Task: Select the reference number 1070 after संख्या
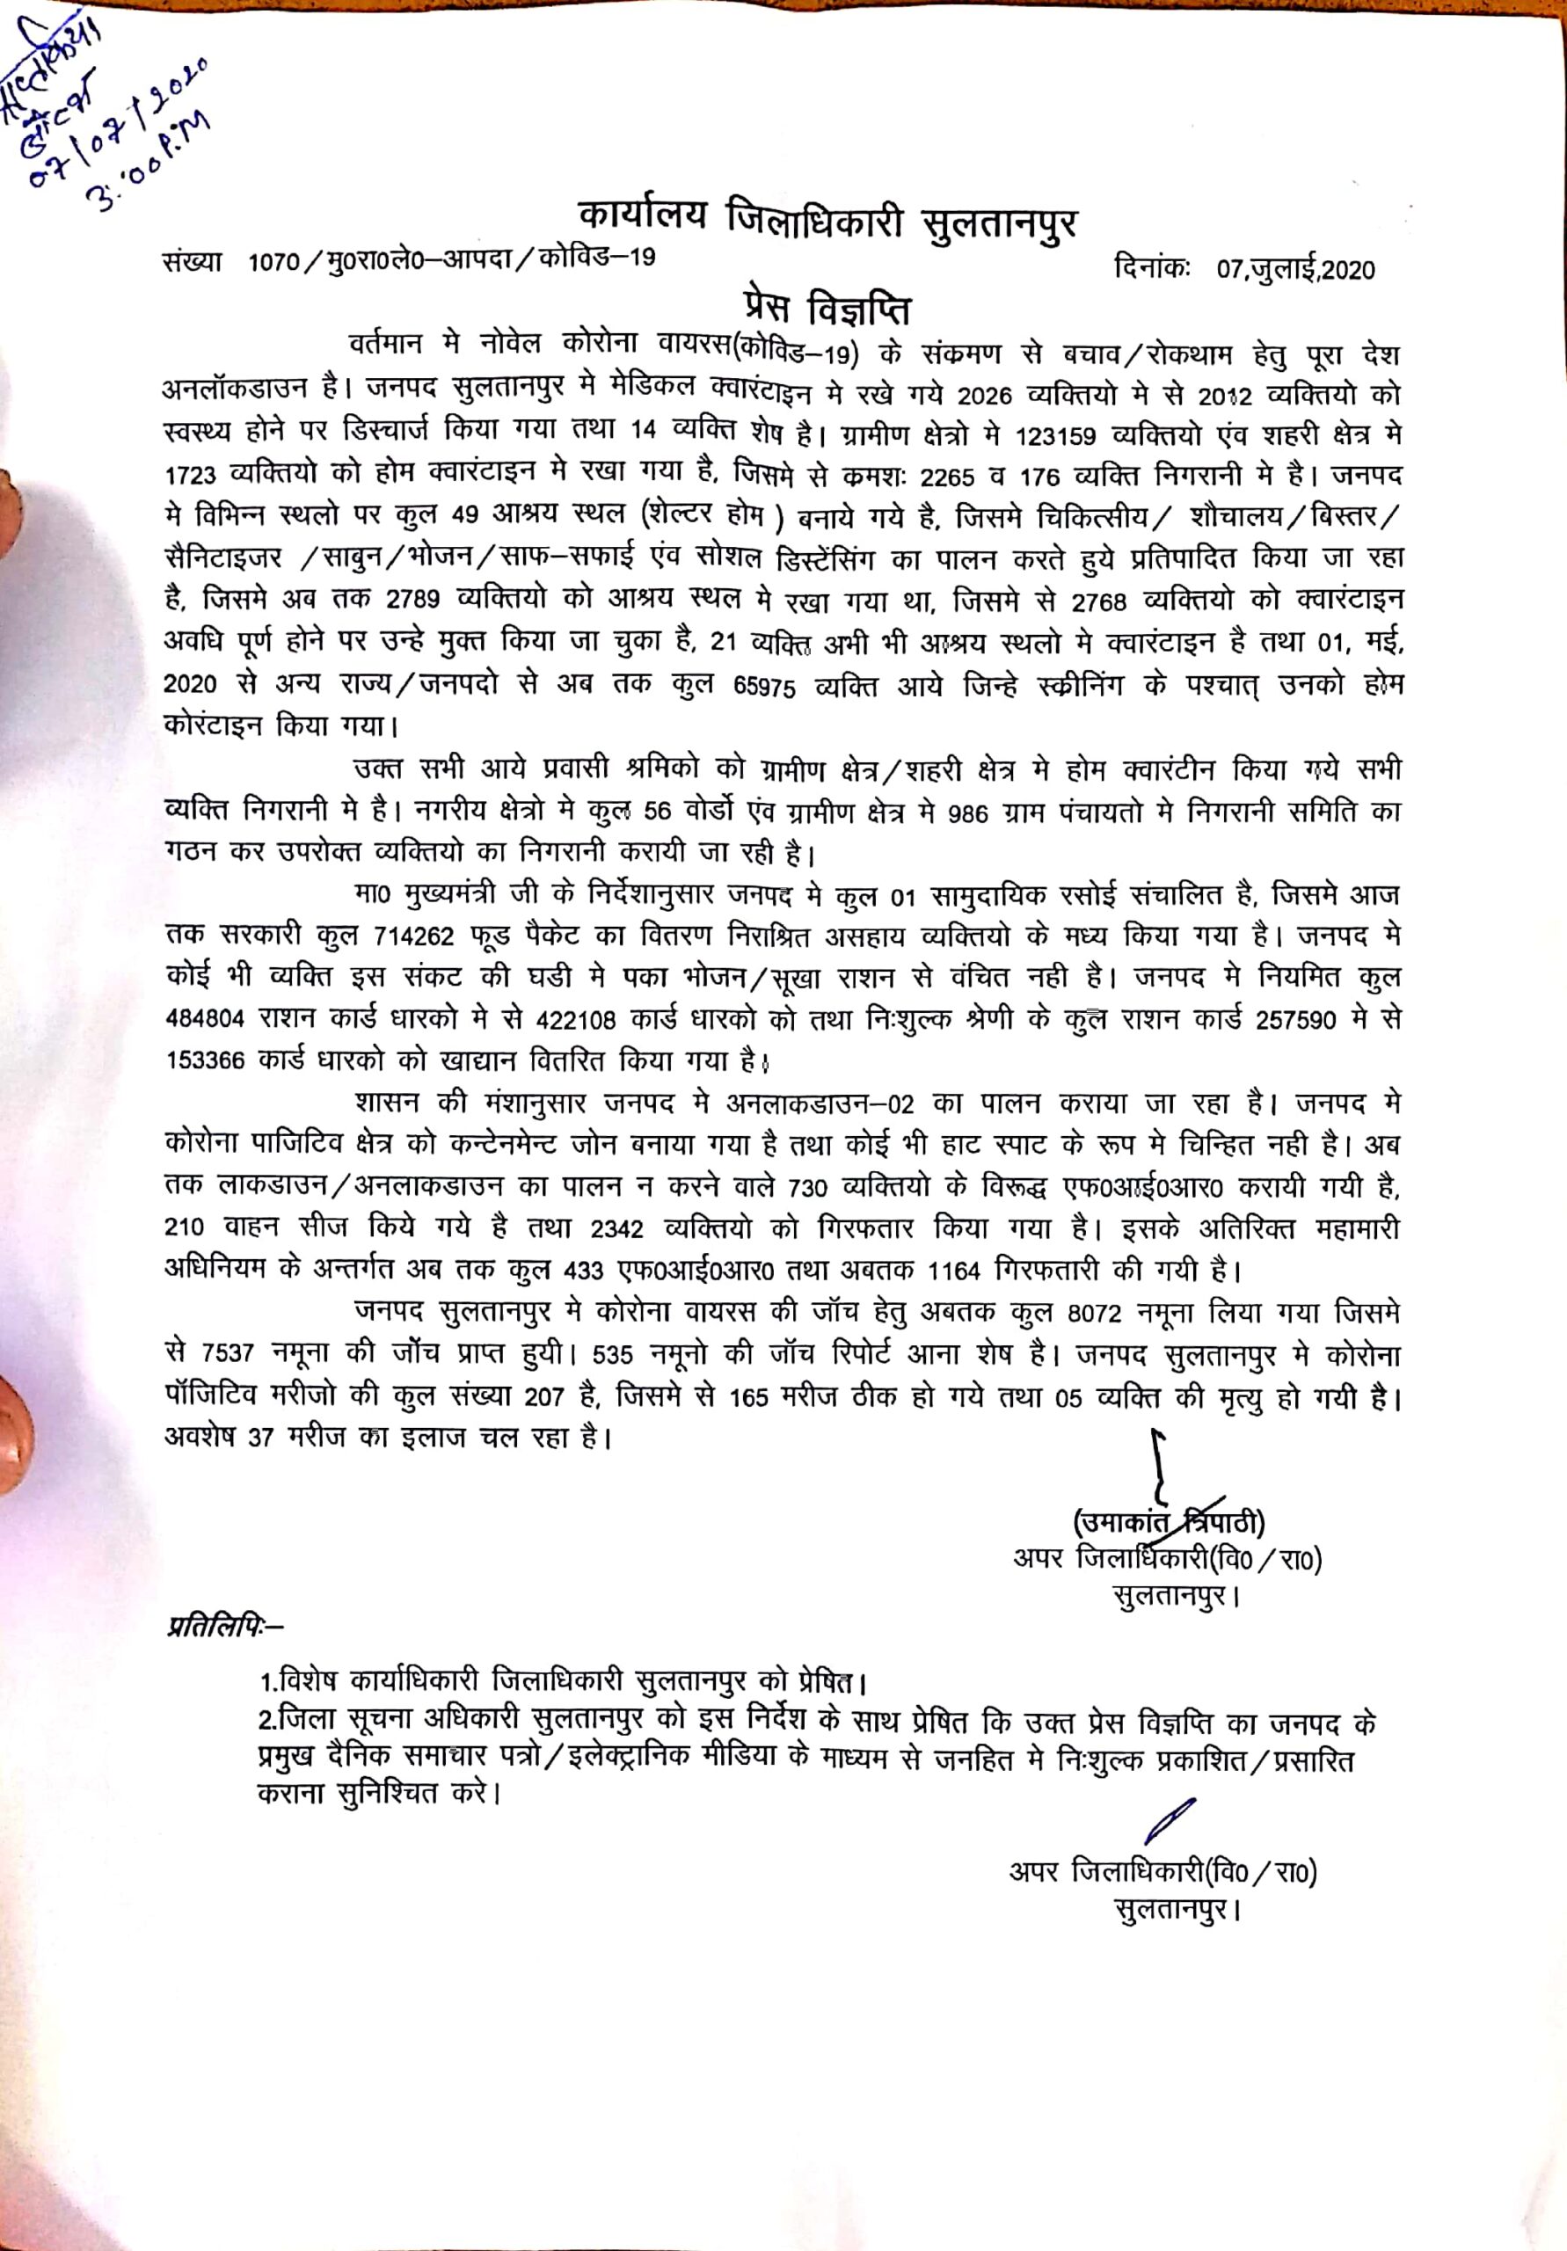click(x=280, y=262)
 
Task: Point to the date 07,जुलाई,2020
click(x=1295, y=271)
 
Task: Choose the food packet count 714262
click(x=414, y=936)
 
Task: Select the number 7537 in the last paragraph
click(x=229, y=1355)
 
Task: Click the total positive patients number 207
click(x=543, y=1397)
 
